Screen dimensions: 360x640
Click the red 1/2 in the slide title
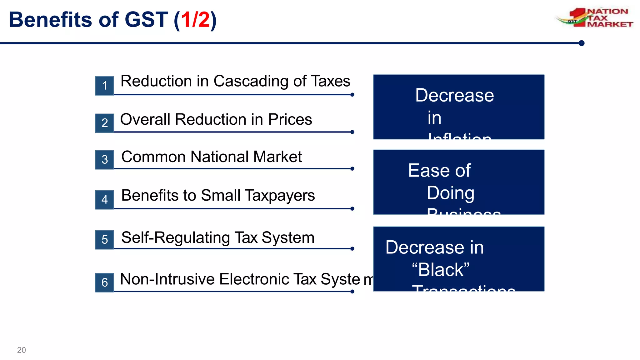(195, 20)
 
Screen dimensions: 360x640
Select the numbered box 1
(105, 86)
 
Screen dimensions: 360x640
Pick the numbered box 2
(105, 123)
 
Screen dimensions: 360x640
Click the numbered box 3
(105, 160)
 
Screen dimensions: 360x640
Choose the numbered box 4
(105, 199)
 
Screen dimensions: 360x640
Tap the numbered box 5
(105, 240)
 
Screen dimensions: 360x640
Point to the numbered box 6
(105, 282)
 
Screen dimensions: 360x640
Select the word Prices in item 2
(290, 119)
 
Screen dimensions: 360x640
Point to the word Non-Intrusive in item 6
(167, 279)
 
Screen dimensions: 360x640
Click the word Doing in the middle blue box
(450, 193)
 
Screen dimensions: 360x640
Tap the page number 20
(22, 350)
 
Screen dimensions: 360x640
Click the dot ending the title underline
(581, 43)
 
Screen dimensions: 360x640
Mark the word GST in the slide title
(146, 20)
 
